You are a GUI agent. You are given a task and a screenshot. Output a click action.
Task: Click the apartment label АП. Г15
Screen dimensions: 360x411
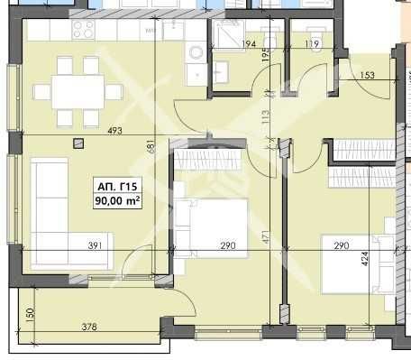point(119,186)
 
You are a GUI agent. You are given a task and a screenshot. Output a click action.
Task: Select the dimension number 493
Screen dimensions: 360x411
point(114,132)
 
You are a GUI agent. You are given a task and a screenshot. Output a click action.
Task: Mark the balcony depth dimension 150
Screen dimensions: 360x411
point(29,313)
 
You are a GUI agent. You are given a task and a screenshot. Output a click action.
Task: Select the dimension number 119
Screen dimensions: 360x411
point(313,43)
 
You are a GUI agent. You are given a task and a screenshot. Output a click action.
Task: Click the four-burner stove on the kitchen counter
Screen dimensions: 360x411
point(83,30)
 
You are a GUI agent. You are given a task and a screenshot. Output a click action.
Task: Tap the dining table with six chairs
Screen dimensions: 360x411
point(77,91)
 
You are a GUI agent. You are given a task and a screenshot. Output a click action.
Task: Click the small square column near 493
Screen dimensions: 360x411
point(79,141)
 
